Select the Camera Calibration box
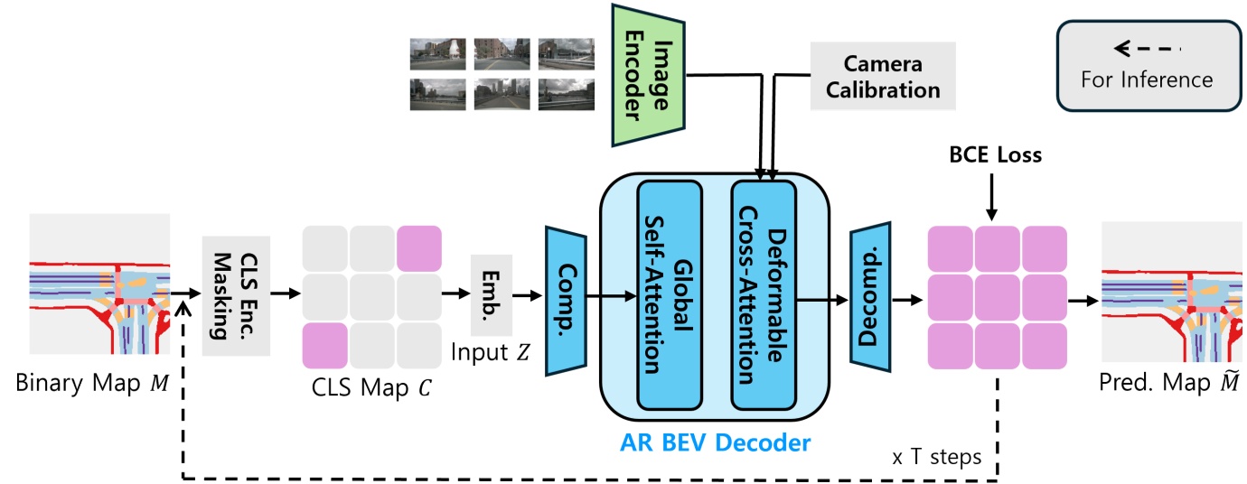pyautogui.click(x=882, y=78)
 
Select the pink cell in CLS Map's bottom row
pyautogui.click(x=324, y=344)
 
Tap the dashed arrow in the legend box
pyautogui.click(x=1146, y=47)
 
